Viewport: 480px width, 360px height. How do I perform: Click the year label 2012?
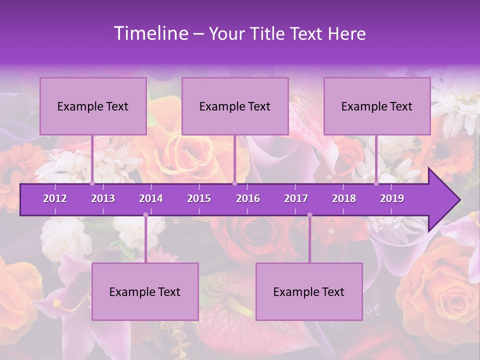click(x=55, y=198)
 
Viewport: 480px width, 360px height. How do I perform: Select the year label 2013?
click(x=103, y=198)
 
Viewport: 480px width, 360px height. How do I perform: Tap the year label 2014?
click(x=151, y=198)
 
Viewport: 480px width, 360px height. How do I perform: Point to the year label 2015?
click(x=199, y=198)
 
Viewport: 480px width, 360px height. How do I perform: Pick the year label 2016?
click(x=248, y=198)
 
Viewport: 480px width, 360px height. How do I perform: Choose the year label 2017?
click(x=296, y=198)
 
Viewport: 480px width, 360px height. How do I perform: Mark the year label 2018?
click(x=344, y=198)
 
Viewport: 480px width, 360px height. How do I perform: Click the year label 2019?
click(x=392, y=198)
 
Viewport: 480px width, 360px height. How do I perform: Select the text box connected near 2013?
click(x=93, y=106)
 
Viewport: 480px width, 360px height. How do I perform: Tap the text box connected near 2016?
click(x=235, y=106)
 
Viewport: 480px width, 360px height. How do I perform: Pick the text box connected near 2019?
click(x=377, y=106)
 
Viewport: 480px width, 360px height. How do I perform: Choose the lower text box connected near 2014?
click(x=145, y=291)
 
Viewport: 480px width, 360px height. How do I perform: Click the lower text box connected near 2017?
click(x=309, y=291)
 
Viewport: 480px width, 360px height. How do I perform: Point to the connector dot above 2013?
click(x=92, y=183)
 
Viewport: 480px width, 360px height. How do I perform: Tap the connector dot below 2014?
click(x=145, y=215)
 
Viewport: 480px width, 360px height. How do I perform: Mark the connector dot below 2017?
click(x=309, y=215)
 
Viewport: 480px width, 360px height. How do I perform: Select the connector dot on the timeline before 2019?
click(x=376, y=183)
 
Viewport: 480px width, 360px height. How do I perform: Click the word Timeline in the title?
click(x=150, y=33)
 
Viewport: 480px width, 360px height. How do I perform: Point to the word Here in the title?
click(x=346, y=33)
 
